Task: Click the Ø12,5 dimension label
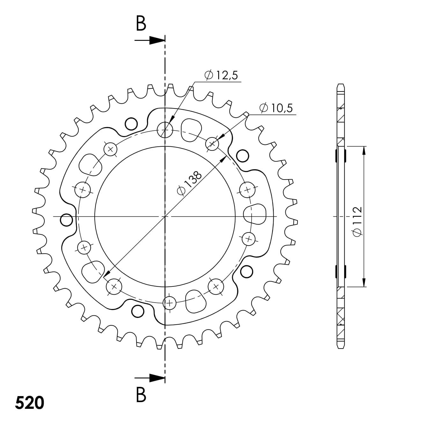(x=221, y=75)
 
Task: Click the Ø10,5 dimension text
(x=276, y=108)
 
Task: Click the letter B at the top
(x=141, y=24)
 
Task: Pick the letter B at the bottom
(x=141, y=394)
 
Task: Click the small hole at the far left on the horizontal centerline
(x=66, y=220)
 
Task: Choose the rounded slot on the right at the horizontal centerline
(x=255, y=213)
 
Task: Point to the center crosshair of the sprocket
(x=165, y=217)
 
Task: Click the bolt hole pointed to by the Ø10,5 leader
(x=212, y=144)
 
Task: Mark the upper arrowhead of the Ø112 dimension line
(x=364, y=150)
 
